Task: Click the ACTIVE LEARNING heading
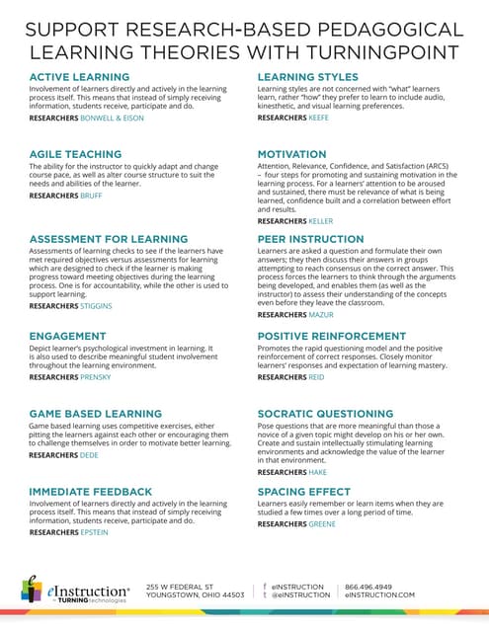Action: (x=74, y=77)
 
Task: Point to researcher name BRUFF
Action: (x=91, y=196)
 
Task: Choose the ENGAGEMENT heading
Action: (x=67, y=337)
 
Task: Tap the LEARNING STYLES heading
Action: (x=312, y=77)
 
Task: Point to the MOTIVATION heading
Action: (x=291, y=155)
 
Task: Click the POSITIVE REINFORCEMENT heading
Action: (x=331, y=337)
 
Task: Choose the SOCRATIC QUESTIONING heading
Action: (x=325, y=414)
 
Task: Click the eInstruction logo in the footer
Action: (x=74, y=591)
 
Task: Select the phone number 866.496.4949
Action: (x=367, y=586)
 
